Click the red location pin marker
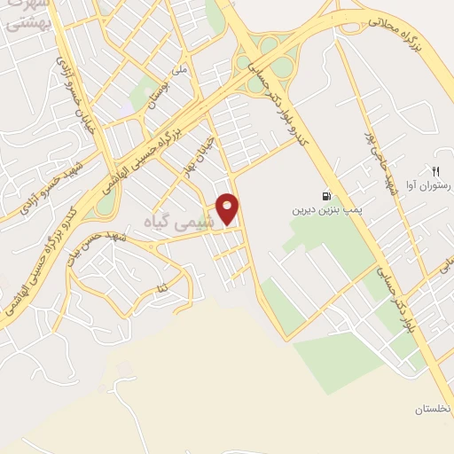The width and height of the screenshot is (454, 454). (228, 208)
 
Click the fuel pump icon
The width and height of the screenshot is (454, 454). (326, 197)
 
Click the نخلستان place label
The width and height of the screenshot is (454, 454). (432, 409)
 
